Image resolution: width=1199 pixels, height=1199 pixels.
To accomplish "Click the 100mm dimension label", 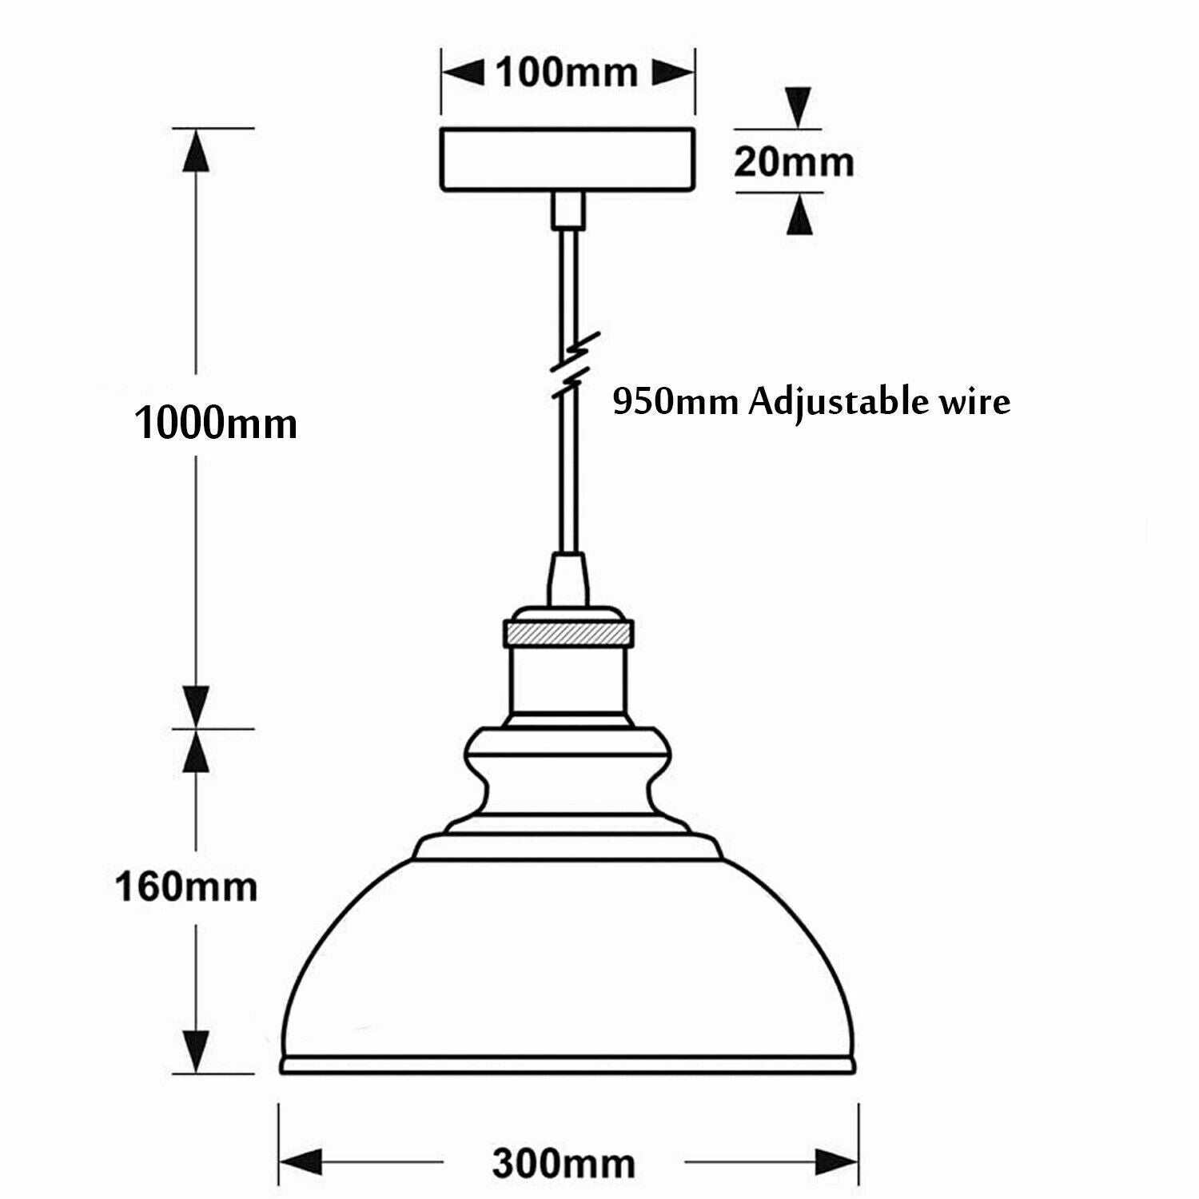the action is point(567,73).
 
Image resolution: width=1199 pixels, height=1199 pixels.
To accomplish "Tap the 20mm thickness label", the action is point(794,162).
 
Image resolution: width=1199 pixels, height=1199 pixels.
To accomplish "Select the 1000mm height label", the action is point(216,423).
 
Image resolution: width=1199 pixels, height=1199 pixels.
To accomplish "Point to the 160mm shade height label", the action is point(187,886).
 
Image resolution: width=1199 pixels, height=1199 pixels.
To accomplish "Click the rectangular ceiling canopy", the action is point(567,160).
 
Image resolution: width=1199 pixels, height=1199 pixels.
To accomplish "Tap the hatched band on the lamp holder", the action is point(568,634).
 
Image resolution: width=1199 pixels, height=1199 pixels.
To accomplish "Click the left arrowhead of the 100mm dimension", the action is point(464,74).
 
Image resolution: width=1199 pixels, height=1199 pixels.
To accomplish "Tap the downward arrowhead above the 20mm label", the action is point(798,107).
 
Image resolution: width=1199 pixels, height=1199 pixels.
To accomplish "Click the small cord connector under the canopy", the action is point(568,209).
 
